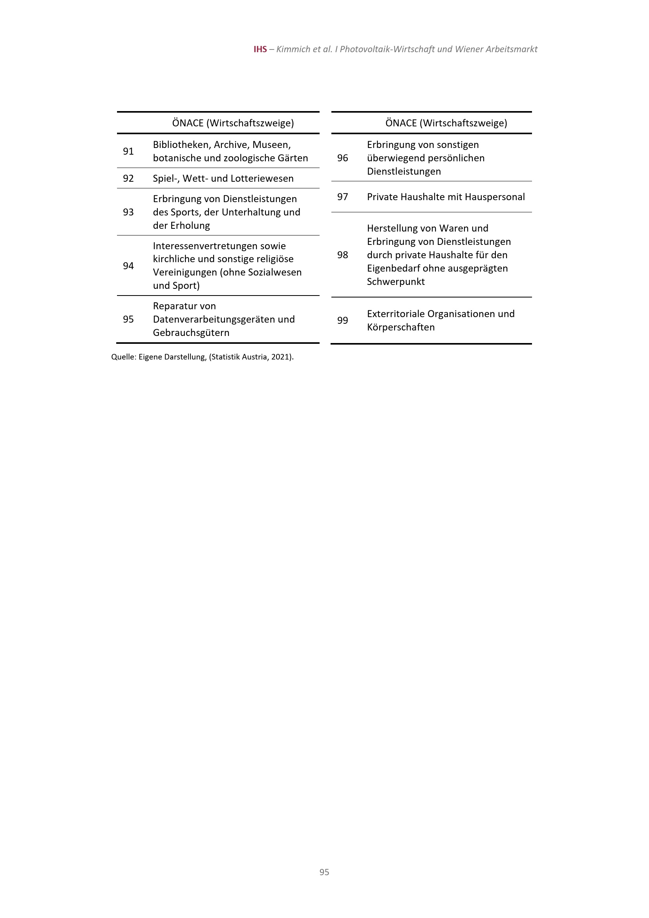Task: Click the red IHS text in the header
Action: pyautogui.click(x=260, y=49)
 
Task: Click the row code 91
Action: pyautogui.click(x=128, y=151)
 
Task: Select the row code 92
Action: pyautogui.click(x=128, y=178)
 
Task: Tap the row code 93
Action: pyautogui.click(x=128, y=212)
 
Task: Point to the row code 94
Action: pyautogui.click(x=128, y=266)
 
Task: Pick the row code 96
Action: pyautogui.click(x=342, y=158)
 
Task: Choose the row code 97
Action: pyautogui.click(x=342, y=197)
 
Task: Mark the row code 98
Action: pyautogui.click(x=342, y=255)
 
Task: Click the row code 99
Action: pyautogui.click(x=342, y=320)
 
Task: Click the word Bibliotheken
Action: pyautogui.click(x=181, y=145)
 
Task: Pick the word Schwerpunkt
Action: pyautogui.click(x=396, y=282)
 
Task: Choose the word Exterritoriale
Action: pyautogui.click(x=395, y=314)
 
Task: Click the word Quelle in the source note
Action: pyautogui.click(x=123, y=357)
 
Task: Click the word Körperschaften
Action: pyautogui.click(x=401, y=327)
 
